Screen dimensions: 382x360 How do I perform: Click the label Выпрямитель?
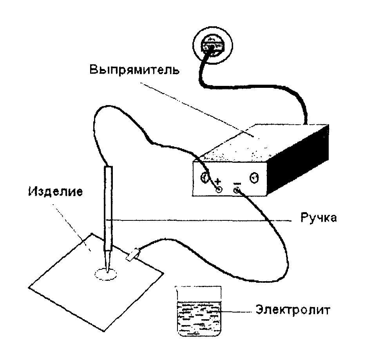click(134, 70)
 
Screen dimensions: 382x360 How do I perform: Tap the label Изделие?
click(56, 191)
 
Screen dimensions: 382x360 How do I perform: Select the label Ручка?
click(319, 218)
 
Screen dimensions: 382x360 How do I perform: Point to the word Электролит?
click(293, 310)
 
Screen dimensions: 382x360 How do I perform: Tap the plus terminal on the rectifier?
click(219, 189)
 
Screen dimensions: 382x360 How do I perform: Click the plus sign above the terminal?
click(218, 182)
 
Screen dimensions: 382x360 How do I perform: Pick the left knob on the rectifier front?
click(204, 178)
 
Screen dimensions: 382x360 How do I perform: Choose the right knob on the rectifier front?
click(254, 178)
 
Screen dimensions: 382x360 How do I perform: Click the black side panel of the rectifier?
click(298, 159)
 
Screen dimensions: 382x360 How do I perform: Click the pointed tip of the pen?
click(107, 271)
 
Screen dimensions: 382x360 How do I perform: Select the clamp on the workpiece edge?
click(133, 255)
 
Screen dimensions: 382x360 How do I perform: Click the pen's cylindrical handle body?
click(108, 209)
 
